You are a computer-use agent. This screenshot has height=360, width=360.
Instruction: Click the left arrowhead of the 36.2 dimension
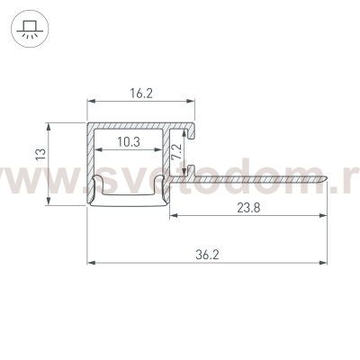tap(91, 264)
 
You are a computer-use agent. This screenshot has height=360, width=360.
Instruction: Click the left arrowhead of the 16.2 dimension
tap(91, 101)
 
